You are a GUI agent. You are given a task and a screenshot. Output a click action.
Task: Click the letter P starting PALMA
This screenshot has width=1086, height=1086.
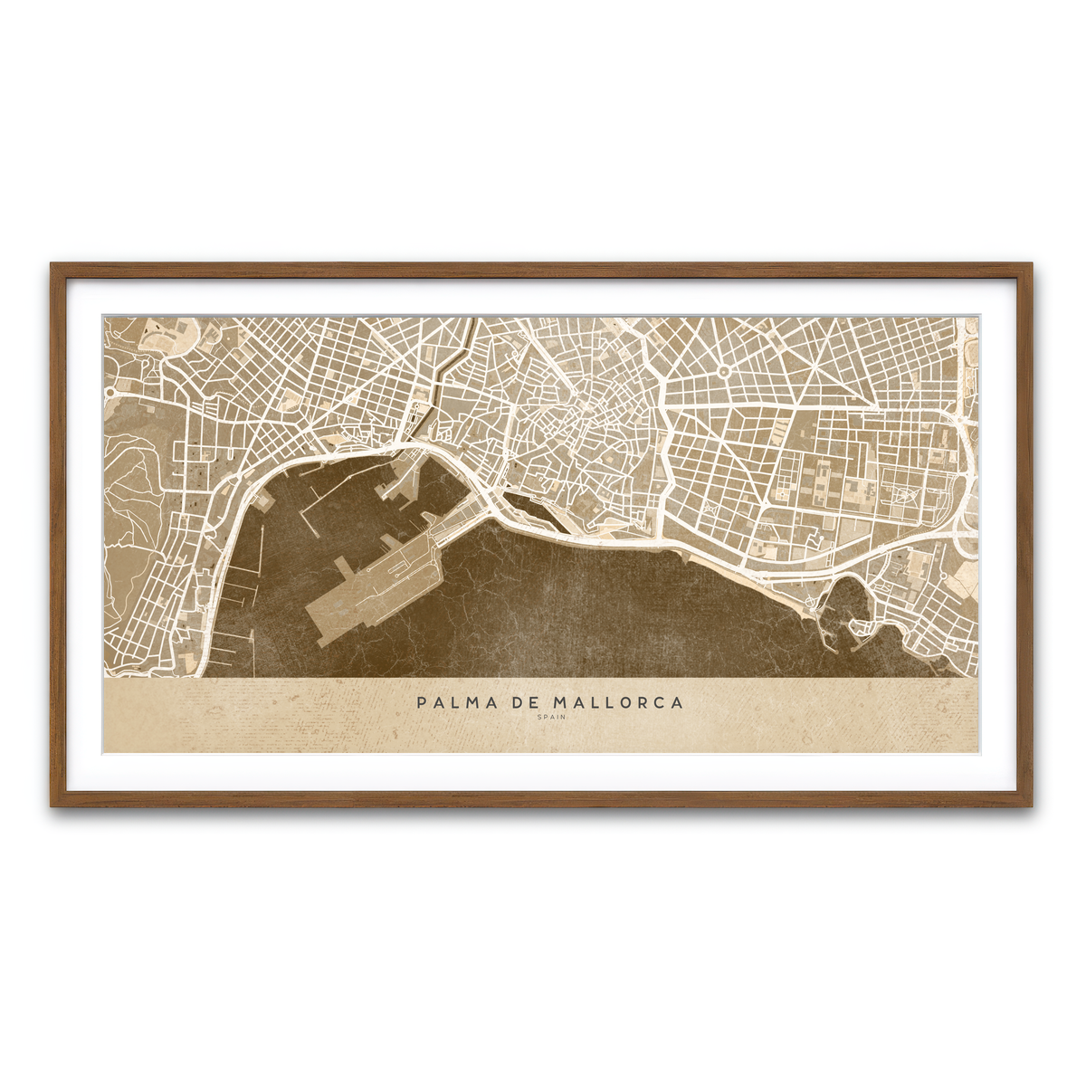pos(422,702)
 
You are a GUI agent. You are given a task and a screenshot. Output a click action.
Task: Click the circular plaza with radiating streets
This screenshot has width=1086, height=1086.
pos(724,371)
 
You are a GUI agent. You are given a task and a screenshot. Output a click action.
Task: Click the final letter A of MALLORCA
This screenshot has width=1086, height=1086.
pos(678,702)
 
